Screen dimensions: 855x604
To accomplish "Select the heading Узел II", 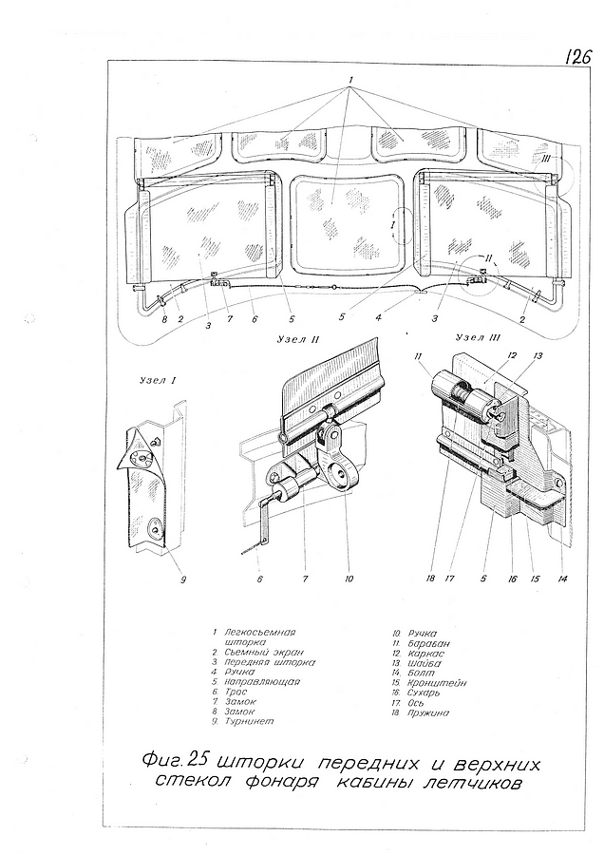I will pyautogui.click(x=302, y=339).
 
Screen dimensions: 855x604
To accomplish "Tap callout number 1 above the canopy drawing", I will pyautogui.click(x=351, y=77).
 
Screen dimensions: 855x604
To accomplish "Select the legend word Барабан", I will pyautogui.click(x=430, y=643).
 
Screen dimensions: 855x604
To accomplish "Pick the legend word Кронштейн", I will pyautogui.click(x=440, y=682).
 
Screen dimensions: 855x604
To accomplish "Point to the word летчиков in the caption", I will pyautogui.click(x=469, y=784).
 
